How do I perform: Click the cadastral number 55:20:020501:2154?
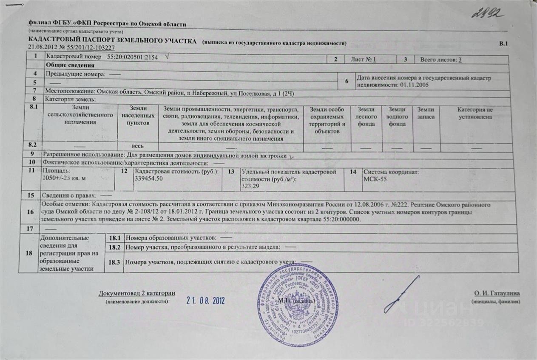pos(132,57)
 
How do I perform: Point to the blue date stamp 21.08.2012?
pos(205,300)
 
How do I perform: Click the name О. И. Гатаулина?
pos(497,293)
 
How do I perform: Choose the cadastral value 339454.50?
pos(149,179)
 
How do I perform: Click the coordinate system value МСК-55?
pos(375,179)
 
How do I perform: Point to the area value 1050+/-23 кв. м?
pos(62,179)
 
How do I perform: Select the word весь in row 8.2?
pos(139,146)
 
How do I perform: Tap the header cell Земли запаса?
pos(426,113)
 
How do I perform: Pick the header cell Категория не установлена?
pos(474,113)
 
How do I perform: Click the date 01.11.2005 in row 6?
pos(411,85)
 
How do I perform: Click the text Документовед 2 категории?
pos(136,293)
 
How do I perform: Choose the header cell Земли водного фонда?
pos(397,117)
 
